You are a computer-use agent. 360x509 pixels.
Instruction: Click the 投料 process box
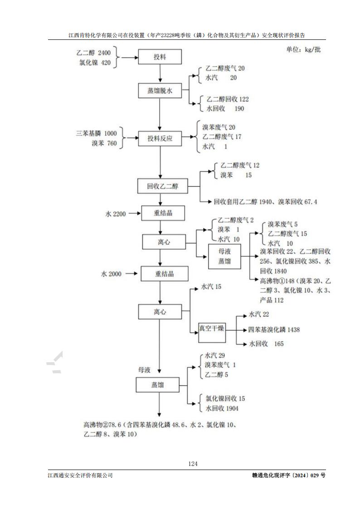(x=160, y=57)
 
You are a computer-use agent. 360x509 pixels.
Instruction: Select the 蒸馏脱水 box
(x=160, y=91)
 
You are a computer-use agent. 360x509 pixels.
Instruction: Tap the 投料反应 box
(x=160, y=139)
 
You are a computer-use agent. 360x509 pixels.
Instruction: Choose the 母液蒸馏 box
(x=224, y=256)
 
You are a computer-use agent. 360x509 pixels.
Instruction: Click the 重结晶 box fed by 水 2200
(x=160, y=213)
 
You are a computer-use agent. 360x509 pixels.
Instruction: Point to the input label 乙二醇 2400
(x=94, y=53)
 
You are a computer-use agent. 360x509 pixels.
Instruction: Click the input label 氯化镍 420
(x=94, y=63)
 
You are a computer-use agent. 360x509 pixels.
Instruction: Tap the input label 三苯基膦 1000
(x=96, y=133)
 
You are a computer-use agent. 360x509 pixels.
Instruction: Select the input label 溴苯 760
(x=104, y=144)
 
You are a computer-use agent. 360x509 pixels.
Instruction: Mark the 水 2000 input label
(x=111, y=274)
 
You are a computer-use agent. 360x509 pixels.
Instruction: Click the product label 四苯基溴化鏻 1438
(x=274, y=330)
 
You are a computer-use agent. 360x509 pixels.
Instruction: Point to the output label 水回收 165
(x=266, y=344)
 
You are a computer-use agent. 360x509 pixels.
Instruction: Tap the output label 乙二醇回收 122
(x=228, y=99)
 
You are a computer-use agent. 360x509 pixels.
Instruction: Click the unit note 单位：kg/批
(x=303, y=50)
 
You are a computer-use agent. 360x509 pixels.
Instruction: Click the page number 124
(x=193, y=464)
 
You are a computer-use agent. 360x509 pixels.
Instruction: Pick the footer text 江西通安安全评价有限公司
(x=80, y=475)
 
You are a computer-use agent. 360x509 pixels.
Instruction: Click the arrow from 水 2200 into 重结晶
(x=134, y=213)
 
